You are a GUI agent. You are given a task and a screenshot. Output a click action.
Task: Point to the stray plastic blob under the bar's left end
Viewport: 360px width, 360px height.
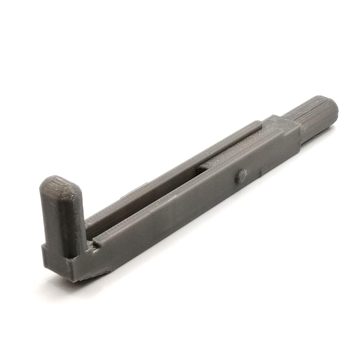click(106, 272)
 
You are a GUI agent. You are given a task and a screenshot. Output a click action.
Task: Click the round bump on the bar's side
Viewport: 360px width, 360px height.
click(241, 176)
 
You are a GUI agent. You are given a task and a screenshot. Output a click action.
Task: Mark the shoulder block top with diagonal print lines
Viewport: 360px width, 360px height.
click(283, 126)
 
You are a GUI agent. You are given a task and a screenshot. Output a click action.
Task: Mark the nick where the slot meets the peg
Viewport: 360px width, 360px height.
click(92, 245)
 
